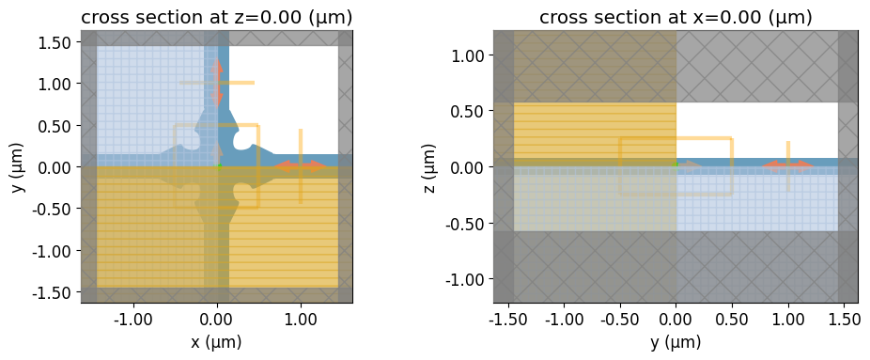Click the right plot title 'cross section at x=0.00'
[649, 17]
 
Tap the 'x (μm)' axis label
[217, 342]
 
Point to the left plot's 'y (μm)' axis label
[19, 167]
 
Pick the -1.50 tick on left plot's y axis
[55, 292]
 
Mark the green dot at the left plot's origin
[219, 166]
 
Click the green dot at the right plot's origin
[676, 164]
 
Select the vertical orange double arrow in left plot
[216, 83]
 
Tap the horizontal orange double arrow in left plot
[301, 165]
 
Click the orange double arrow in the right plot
[788, 164]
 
